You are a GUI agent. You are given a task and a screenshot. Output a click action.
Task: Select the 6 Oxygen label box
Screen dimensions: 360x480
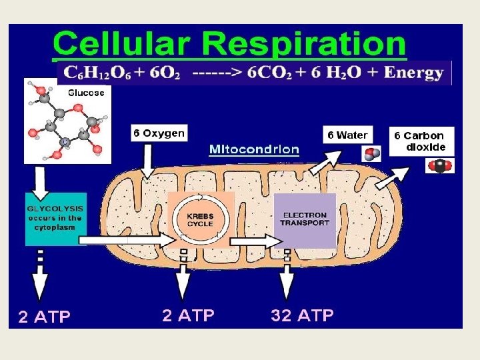coord(158,133)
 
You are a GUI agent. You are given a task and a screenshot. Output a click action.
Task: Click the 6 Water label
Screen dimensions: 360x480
coord(347,135)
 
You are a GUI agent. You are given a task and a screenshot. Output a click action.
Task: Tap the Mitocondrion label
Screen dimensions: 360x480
coord(253,149)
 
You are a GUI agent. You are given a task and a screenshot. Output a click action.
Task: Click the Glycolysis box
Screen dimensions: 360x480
coord(54,218)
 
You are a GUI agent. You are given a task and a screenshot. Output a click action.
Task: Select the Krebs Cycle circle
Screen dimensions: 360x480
coord(201,219)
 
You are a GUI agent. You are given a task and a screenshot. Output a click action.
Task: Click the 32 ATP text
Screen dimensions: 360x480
coord(302,315)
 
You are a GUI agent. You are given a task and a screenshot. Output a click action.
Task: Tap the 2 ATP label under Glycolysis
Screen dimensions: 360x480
coord(44,317)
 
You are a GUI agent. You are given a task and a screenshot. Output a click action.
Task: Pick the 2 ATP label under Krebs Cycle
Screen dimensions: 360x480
coord(188,315)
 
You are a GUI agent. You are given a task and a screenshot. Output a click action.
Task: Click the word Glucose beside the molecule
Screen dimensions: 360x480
coord(86,93)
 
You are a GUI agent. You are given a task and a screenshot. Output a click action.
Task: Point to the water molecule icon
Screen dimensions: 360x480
coord(371,154)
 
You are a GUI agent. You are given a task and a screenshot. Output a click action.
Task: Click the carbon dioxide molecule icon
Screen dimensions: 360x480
coord(439,165)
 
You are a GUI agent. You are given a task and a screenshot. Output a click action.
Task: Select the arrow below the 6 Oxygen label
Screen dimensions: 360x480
coord(147,161)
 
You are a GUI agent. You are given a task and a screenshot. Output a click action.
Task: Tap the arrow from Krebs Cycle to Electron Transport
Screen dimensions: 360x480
coord(251,239)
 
